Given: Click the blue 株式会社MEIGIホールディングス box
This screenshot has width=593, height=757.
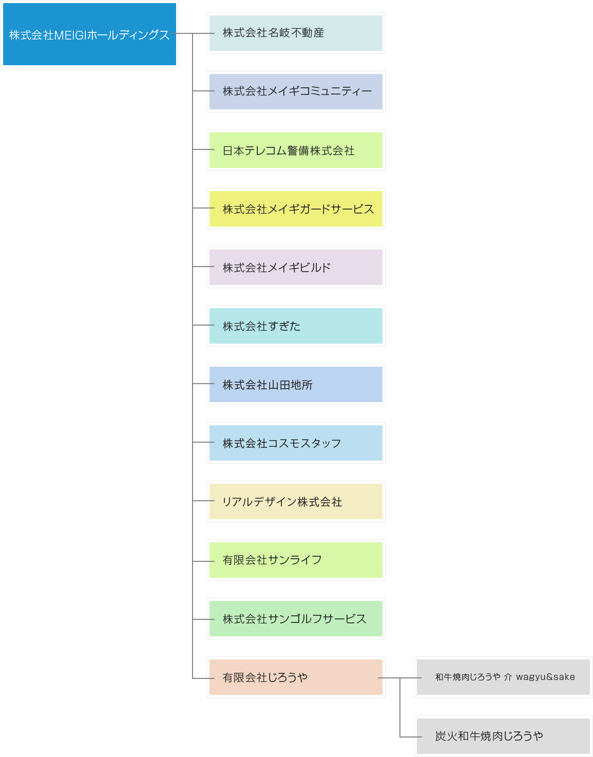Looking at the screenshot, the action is tap(89, 34).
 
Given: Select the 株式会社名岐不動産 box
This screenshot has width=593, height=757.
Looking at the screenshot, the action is tap(296, 33).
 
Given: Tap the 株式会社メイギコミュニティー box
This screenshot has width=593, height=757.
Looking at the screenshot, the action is tap(296, 91).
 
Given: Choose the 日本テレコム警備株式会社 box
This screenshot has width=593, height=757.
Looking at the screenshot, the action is tap(296, 150).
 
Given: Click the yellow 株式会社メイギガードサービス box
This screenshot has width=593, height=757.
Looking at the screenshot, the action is tap(296, 209).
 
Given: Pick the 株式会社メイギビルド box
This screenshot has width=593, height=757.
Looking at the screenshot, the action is tap(296, 267).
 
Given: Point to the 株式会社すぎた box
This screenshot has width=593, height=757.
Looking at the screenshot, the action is tap(296, 326).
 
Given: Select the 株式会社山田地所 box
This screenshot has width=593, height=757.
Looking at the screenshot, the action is tap(296, 384).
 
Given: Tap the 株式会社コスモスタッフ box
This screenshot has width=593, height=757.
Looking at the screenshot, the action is tap(296, 443).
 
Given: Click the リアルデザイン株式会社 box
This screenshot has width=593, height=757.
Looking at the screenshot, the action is tap(296, 501).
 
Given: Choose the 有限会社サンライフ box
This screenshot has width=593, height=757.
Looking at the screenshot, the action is tap(296, 560).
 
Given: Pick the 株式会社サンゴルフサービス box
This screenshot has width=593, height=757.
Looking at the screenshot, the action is tap(296, 618).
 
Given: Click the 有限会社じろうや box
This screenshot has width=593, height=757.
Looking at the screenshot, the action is tap(296, 677).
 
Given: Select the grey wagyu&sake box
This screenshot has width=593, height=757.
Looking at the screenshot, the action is tap(503, 677).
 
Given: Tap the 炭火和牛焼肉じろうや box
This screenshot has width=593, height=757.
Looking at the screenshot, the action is tap(503, 736).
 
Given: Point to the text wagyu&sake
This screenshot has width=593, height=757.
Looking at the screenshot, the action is tap(545, 677).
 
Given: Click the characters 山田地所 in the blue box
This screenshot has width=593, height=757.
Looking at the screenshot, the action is tap(290, 385).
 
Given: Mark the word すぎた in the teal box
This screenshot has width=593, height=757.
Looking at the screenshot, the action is tap(284, 326).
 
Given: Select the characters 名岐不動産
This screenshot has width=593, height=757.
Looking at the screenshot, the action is tap(296, 33).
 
